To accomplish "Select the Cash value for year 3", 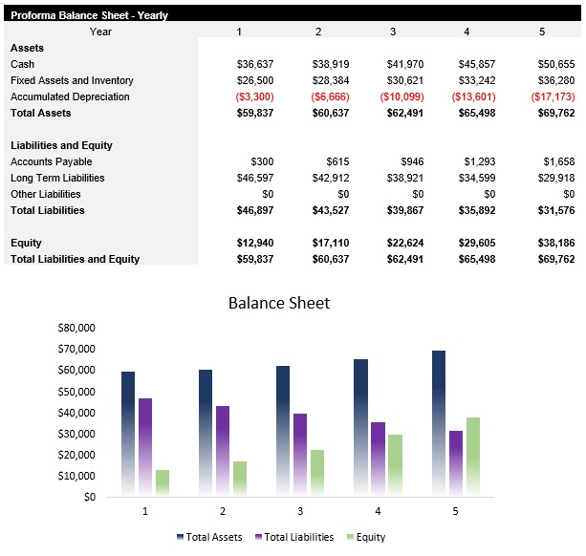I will point(404,64).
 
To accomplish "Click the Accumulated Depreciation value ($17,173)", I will point(555,96).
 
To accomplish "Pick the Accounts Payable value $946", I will point(409,161).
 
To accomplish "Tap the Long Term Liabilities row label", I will point(57,178).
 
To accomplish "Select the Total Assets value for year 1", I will point(254,113).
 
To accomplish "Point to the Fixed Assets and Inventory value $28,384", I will point(330,80).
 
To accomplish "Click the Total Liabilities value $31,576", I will point(556,210).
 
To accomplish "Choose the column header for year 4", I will point(467,32).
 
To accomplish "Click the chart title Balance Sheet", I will point(278,303).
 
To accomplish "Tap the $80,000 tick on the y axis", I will point(76,328).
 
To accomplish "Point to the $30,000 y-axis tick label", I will point(76,434).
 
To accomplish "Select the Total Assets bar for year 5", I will point(438,422).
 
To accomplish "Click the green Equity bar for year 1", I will point(162,482).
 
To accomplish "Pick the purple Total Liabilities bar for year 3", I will point(300,454).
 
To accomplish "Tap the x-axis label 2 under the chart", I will point(223,511).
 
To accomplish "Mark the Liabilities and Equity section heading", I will point(61,145).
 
